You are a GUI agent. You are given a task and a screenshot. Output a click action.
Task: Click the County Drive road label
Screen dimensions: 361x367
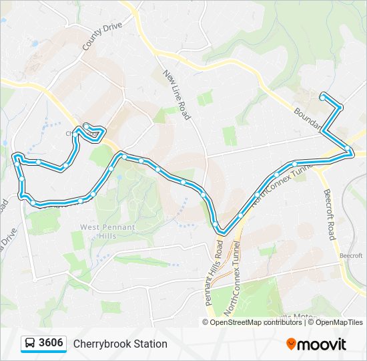click(x=103, y=35)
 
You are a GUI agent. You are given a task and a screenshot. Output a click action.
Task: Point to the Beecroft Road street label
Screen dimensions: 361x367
click(x=328, y=214)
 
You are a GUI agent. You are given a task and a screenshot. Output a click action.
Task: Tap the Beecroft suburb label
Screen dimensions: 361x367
click(x=349, y=255)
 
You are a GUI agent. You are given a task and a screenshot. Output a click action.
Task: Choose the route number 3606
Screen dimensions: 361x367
click(x=51, y=344)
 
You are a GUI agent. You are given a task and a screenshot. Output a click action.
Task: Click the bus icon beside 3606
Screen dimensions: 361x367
click(x=30, y=344)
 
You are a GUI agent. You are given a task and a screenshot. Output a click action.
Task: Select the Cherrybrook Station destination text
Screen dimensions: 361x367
click(x=120, y=344)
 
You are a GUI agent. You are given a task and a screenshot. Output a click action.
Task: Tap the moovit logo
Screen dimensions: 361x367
click(x=316, y=344)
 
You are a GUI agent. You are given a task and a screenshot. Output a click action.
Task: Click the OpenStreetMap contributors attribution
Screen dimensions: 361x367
click(x=256, y=322)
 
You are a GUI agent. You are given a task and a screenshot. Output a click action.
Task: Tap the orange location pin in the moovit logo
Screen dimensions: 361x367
click(x=291, y=344)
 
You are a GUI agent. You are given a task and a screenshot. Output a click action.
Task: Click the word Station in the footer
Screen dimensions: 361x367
click(x=150, y=344)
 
